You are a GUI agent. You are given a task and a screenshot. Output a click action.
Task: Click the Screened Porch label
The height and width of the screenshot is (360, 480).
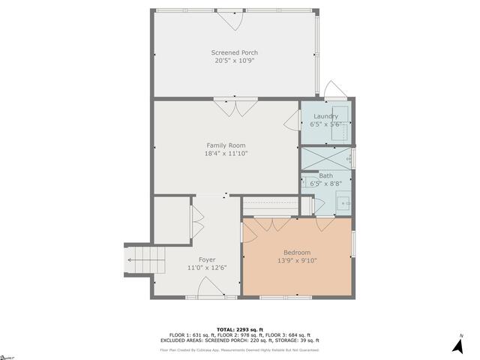point(235,52)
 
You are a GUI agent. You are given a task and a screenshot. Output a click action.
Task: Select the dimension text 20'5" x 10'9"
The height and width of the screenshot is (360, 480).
point(235,61)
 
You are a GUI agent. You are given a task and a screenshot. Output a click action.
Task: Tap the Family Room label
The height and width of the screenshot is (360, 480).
point(226,145)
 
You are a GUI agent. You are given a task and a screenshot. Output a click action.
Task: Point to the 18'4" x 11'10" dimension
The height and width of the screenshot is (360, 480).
point(226,154)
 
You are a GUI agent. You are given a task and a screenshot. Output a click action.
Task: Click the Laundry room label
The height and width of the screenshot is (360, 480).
point(325,116)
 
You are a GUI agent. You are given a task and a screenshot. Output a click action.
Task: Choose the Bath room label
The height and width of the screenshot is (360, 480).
point(325,175)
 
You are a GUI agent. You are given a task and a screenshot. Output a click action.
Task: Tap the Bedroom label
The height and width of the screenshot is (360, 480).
point(296,253)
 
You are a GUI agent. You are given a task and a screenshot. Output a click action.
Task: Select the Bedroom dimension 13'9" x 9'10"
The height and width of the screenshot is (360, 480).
point(296,261)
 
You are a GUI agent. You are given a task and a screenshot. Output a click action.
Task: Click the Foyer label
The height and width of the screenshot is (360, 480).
point(207,259)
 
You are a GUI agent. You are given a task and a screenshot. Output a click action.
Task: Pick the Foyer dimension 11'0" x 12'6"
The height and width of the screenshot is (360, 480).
point(207,268)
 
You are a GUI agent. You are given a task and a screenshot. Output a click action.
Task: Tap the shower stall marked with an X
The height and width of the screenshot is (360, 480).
point(325,159)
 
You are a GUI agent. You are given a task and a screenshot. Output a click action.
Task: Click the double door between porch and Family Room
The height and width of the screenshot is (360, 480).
point(235,107)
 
